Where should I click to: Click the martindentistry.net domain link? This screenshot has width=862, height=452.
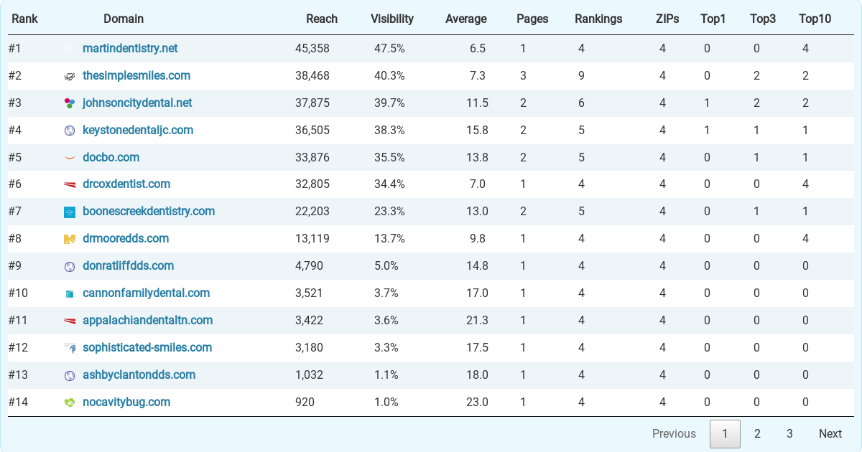130,49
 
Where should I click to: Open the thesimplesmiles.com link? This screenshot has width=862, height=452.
136,76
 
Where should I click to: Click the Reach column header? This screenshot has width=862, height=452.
321,19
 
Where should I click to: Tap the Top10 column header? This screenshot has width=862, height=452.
815,19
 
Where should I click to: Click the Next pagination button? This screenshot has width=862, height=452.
830,434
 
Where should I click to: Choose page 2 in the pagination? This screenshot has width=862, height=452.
757,434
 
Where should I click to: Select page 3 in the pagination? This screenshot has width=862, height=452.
789,434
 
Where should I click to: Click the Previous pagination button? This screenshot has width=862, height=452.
673,434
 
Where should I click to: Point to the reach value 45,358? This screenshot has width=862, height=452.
312,49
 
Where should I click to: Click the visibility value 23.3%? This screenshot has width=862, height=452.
389,212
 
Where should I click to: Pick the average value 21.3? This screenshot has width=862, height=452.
477,321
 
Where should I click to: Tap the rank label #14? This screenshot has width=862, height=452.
18,402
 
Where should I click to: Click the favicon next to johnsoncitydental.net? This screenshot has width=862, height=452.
70,103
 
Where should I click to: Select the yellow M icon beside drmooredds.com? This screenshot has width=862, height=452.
70,239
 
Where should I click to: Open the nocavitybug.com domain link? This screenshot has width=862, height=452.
126,402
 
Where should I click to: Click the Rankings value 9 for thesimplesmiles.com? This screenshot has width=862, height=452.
581,76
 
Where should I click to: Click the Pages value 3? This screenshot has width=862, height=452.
523,76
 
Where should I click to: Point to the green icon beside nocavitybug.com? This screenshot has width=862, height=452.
70,402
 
